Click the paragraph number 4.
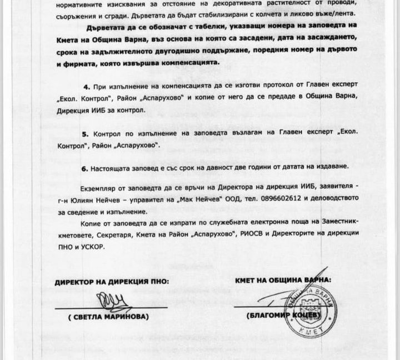86,88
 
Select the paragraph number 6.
84,167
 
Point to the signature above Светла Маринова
111,303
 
